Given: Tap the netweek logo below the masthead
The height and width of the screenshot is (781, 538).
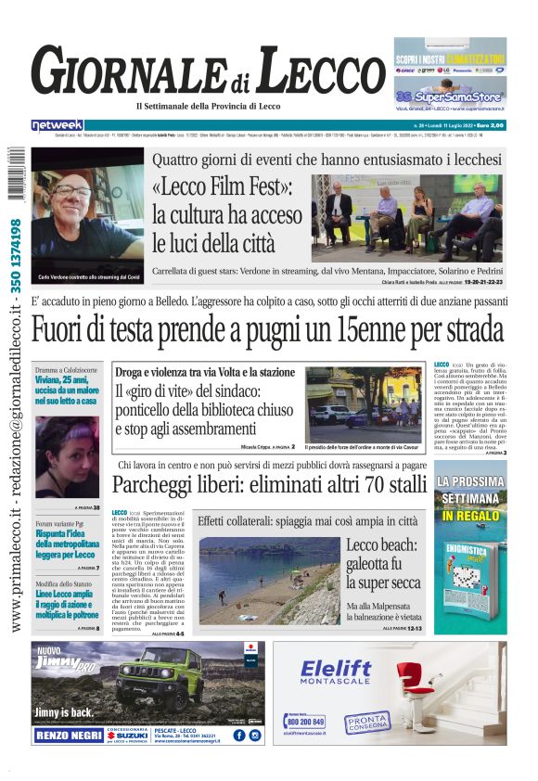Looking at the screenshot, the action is [58, 125].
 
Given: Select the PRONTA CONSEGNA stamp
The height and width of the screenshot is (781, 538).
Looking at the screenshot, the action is [367, 723].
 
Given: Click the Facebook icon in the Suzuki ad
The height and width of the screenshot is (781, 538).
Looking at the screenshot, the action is [237, 734].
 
